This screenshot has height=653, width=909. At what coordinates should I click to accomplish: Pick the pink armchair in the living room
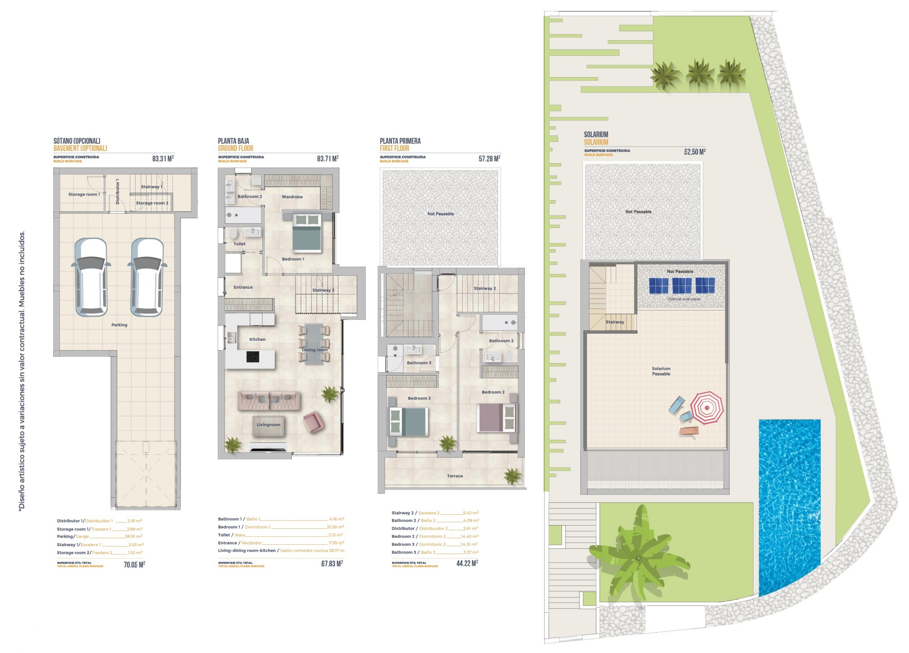[x=313, y=422]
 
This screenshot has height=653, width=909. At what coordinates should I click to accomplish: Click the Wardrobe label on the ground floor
[x=292, y=197]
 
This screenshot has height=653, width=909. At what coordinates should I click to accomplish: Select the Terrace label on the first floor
[x=455, y=476]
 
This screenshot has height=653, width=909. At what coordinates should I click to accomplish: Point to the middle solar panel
[x=682, y=286]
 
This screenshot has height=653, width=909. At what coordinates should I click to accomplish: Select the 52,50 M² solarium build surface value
[x=694, y=152]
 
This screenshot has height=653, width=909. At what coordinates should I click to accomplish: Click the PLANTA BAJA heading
[x=233, y=141]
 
